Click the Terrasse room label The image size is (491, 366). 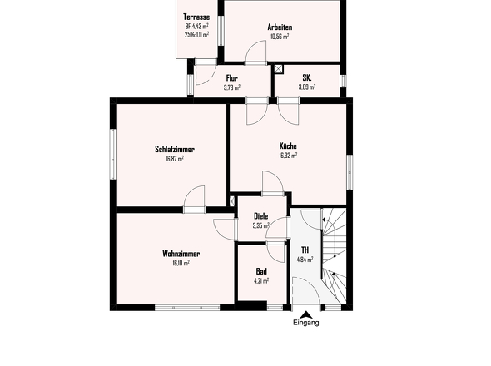point(196,17)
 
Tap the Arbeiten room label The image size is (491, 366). point(280,27)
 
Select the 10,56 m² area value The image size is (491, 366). point(280,37)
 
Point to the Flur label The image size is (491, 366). point(231,78)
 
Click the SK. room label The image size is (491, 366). point(307,77)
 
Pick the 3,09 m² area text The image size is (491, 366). point(307,87)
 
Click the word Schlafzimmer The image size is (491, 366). point(175,150)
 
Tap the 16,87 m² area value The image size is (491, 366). point(175,158)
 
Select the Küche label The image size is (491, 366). point(288,146)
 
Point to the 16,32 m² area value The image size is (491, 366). point(288,155)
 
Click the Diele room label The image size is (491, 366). point(260,216)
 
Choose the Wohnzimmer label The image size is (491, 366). point(181,254)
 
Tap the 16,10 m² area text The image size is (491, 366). point(181,263)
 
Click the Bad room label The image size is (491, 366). point(261,271)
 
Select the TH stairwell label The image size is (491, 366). point(305,250)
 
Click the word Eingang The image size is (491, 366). point(306,323)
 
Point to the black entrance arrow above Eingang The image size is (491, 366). point(306,314)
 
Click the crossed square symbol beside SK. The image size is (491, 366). point(279,69)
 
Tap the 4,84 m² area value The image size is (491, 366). point(305,260)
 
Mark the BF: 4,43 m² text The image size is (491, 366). point(196,27)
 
